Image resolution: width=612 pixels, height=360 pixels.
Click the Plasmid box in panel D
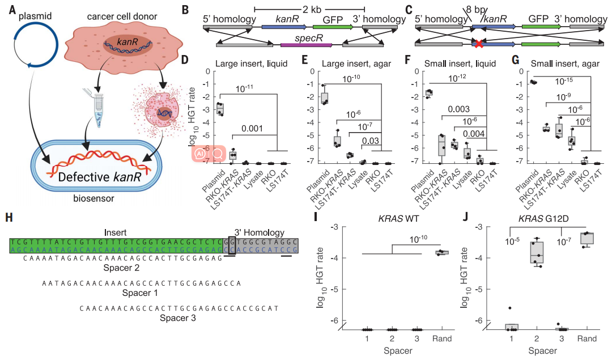point(220,108)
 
